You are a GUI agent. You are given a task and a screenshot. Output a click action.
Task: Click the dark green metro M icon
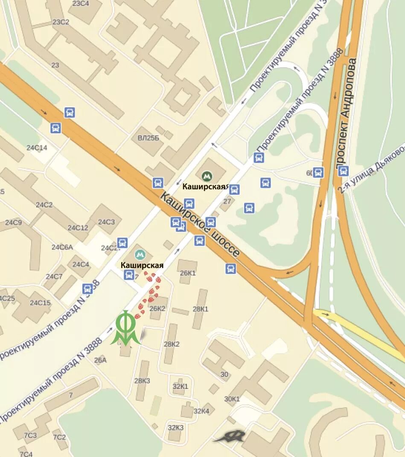[207, 175]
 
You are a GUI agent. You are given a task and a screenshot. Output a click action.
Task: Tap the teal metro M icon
[140, 255]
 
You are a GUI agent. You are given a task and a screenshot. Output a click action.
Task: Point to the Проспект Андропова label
[346, 113]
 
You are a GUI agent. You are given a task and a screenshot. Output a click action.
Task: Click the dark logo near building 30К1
[230, 436]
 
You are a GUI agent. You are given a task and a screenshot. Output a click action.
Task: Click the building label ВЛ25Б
[148, 138]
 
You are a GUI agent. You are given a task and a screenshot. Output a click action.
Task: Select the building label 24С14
[37, 148]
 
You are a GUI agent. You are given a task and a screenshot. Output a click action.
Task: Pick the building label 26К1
[188, 273]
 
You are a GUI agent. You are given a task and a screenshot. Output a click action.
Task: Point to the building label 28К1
[201, 309]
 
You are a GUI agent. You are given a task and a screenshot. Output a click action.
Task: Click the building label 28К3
[142, 380]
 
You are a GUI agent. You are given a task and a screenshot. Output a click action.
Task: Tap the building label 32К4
[201, 411]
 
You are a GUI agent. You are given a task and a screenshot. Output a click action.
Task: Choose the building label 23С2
[60, 22]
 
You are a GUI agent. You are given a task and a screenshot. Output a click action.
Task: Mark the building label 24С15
[40, 303]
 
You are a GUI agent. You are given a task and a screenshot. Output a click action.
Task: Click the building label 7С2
[59, 437]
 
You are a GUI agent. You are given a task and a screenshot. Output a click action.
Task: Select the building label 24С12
[78, 227]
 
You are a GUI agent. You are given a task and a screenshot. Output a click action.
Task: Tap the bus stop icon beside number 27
[234, 190]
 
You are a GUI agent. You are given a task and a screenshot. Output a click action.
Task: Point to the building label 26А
[100, 360]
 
